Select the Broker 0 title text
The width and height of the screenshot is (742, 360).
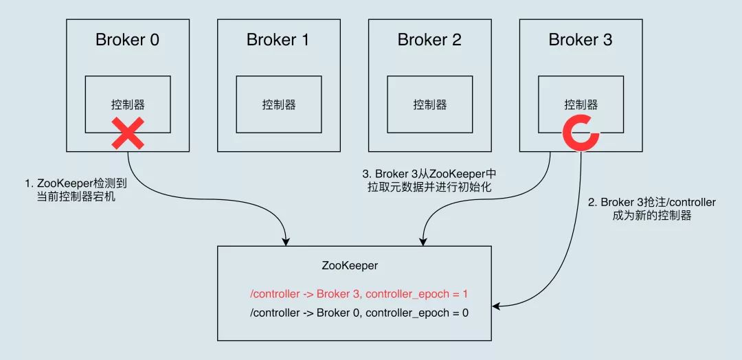click(x=127, y=40)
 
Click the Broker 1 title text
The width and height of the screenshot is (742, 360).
click(x=278, y=40)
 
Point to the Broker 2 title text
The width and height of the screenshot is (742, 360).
click(x=429, y=40)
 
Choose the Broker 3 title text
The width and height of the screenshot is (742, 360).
click(x=581, y=40)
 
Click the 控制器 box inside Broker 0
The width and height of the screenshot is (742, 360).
click(x=128, y=104)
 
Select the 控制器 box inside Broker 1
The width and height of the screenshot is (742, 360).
click(x=278, y=104)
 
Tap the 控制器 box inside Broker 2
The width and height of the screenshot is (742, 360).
click(x=429, y=104)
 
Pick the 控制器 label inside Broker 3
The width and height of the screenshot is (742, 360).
click(x=581, y=104)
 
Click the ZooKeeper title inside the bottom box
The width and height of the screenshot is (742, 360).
click(x=350, y=265)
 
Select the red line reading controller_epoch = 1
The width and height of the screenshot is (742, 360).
click(x=359, y=294)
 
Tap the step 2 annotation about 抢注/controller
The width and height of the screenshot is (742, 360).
click(x=651, y=208)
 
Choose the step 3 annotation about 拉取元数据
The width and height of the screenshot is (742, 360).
click(x=429, y=180)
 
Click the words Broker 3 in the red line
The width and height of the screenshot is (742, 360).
click(x=337, y=294)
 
